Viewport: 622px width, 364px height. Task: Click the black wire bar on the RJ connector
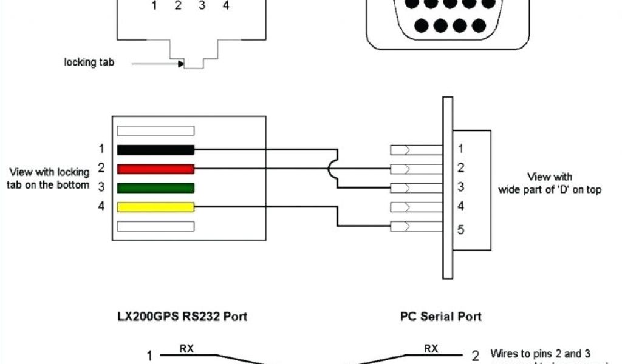point(155,149)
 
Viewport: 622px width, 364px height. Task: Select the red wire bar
point(155,169)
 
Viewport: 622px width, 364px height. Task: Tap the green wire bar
point(155,187)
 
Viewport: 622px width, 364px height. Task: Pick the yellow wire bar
point(155,207)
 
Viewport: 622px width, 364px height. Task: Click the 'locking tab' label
point(89,62)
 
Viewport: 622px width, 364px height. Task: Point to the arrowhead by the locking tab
point(181,62)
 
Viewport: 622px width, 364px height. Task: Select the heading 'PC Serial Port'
point(440,316)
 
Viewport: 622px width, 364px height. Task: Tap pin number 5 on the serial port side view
point(461,230)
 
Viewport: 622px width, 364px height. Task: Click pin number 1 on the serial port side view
point(460,149)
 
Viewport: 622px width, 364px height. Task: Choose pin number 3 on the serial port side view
point(460,187)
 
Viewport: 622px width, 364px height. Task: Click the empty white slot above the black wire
point(155,130)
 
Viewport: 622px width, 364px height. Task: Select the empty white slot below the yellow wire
point(155,226)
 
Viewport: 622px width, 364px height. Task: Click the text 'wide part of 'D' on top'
point(550,190)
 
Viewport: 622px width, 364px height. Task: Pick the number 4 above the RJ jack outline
point(226,7)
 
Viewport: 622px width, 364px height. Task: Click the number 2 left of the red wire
point(101,167)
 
